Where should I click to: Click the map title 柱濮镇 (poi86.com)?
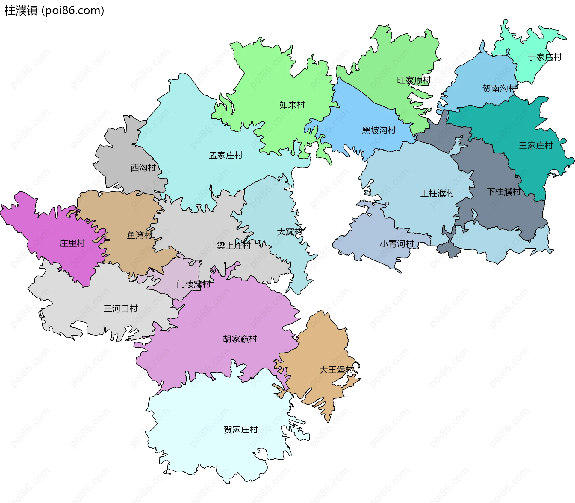[55, 10]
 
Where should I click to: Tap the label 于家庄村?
[544, 57]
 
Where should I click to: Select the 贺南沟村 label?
[500, 88]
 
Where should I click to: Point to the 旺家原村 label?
[414, 80]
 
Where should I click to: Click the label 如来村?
[292, 105]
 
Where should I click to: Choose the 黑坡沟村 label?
[379, 130]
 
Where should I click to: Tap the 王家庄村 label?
[536, 146]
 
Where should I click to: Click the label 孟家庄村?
[226, 155]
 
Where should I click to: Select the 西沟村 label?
[143, 167]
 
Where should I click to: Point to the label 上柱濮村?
[437, 193]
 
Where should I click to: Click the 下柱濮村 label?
[504, 191]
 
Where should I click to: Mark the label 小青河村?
[397, 244]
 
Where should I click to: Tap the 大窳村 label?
[289, 231]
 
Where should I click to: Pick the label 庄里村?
[72, 243]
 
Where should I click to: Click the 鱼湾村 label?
[140, 235]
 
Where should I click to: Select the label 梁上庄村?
[234, 246]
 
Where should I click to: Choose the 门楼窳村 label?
[193, 284]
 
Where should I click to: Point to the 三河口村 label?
[120, 308]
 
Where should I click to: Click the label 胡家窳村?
[240, 339]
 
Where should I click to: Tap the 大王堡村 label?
[336, 370]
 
